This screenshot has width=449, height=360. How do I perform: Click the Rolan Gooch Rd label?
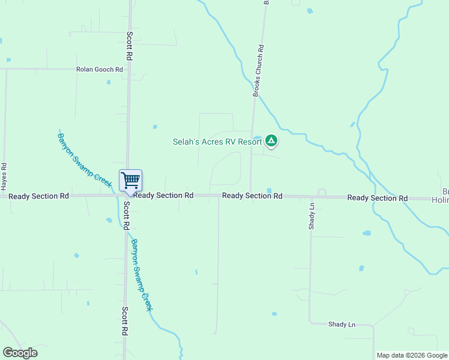[100, 70]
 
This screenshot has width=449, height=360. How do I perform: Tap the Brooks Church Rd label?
[259, 71]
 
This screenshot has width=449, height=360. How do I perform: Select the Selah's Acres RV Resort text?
[217, 142]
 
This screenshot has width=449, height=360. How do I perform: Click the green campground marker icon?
[271, 141]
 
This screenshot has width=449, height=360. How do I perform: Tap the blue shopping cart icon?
[130, 180]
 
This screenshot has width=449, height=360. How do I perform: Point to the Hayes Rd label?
[4, 174]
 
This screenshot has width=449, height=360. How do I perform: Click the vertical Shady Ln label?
[312, 217]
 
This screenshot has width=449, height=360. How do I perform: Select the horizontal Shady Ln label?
[342, 325]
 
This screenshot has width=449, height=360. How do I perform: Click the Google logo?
[20, 353]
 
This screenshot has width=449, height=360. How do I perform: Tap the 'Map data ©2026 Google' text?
[412, 355]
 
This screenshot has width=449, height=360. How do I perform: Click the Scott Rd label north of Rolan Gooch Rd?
[129, 46]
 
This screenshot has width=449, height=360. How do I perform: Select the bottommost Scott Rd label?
[125, 322]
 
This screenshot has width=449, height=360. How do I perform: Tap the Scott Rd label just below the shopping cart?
[126, 216]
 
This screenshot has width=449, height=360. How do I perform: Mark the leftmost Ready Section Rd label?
[39, 196]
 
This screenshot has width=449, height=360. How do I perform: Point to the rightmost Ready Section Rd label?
[377, 198]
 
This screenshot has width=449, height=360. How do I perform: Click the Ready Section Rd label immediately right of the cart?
[163, 196]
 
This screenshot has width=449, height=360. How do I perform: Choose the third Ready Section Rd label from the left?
[252, 196]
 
